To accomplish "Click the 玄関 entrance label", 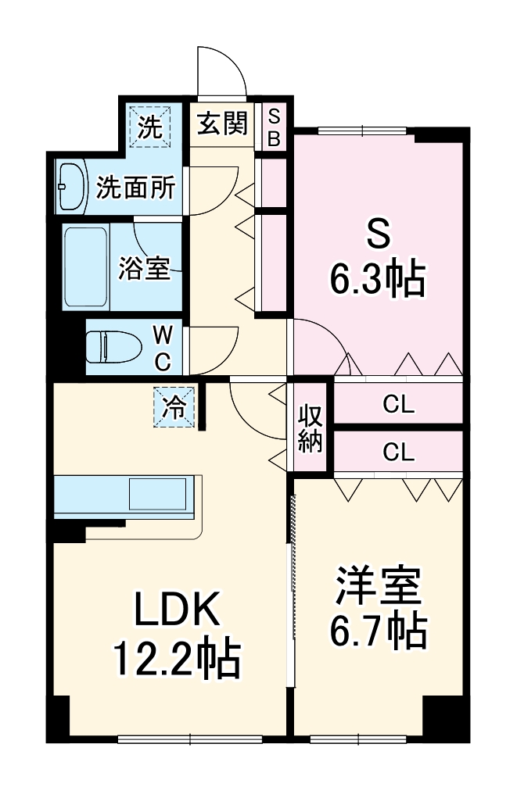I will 222,124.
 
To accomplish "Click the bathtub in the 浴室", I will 86,266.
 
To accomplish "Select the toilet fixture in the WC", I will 110,346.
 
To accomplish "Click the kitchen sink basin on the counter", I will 159,495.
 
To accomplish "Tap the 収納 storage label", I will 311,429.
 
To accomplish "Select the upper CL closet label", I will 399,405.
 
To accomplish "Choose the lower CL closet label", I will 399,452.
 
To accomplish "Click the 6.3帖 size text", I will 377,279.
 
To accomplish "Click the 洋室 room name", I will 379,587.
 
